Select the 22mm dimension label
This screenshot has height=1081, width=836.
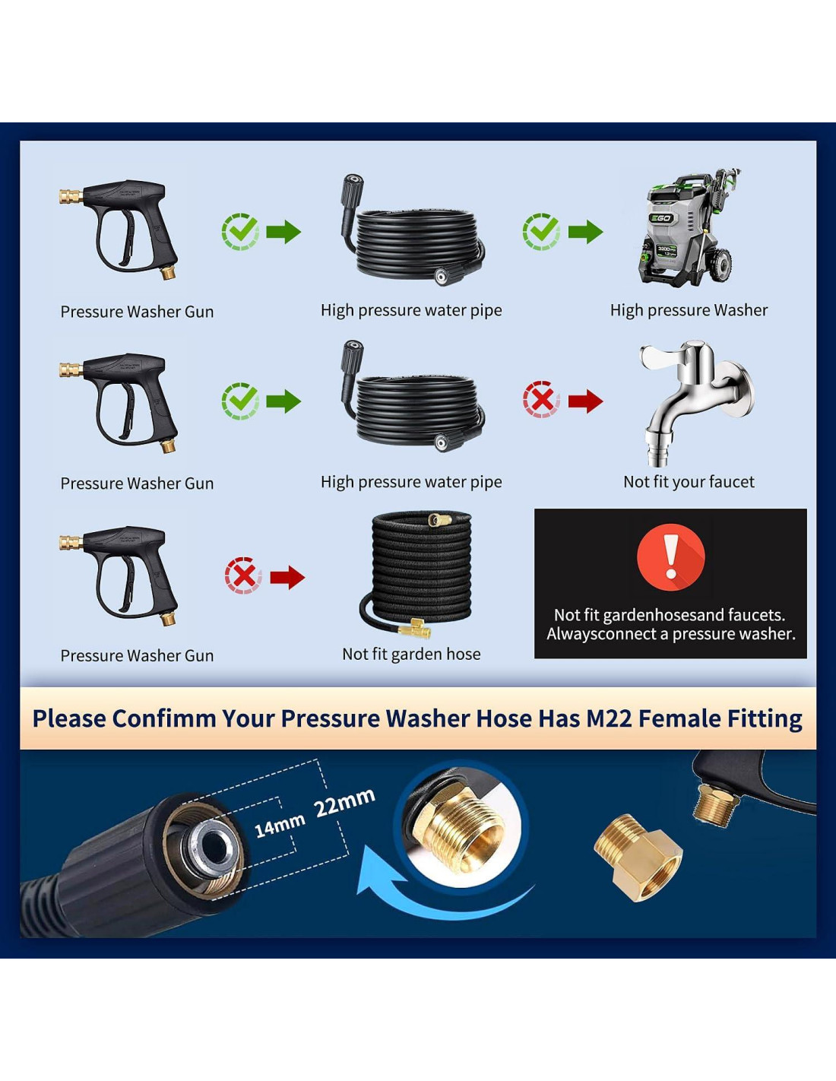344,801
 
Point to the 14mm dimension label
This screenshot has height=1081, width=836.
280,826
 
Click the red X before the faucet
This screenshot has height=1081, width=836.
541,399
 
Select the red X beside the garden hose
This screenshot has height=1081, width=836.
243,575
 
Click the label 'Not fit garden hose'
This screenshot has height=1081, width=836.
411,654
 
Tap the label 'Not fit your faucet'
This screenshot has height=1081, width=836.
689,481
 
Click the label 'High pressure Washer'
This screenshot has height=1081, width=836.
689,310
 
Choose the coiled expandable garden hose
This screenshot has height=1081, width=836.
419,575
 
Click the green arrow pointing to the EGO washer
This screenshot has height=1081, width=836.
586,231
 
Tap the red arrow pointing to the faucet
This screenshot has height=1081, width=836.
586,401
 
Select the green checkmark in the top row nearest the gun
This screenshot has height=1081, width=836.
241,231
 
